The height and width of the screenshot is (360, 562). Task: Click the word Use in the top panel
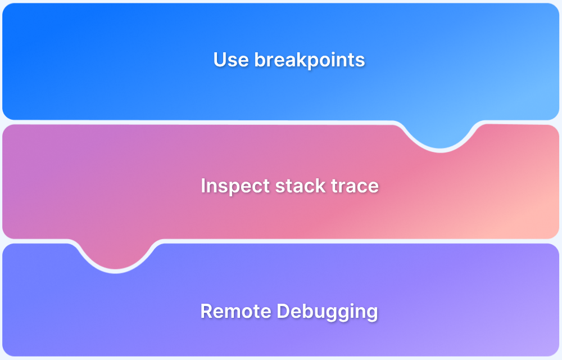[232, 60]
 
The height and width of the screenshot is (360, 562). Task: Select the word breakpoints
[310, 60]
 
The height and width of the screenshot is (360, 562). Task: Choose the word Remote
[233, 311]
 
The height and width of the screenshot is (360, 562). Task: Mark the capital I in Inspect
[203, 186]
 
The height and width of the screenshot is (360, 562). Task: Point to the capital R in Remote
[206, 311]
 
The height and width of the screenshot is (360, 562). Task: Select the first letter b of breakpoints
[260, 60]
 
